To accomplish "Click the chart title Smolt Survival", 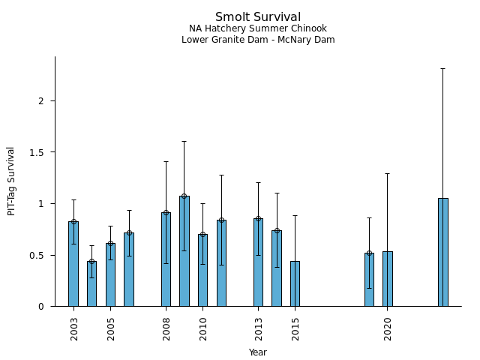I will point(258,17).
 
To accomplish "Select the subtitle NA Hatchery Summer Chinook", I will point(258,28).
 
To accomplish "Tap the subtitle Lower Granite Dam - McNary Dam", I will point(258,40).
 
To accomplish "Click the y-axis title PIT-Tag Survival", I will point(11,181).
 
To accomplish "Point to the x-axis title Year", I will point(258,352).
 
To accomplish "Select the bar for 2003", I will point(73,264).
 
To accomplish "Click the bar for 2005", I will point(110,274).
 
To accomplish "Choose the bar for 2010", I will point(202,270).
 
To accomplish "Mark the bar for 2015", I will point(295,283).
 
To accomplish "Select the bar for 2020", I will point(388,279).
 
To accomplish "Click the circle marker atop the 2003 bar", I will point(73,222).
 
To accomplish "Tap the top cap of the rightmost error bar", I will point(443,69).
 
